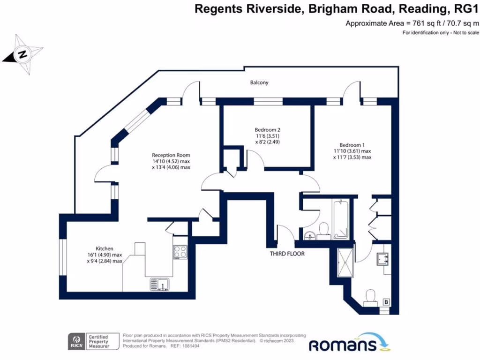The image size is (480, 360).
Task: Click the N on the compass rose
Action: [x=22, y=55]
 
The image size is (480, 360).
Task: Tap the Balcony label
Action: [x=259, y=82]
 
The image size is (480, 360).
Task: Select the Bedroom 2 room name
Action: [x=267, y=130]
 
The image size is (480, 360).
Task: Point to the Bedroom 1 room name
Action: [x=352, y=145]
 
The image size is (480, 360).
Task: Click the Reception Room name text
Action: [x=171, y=155]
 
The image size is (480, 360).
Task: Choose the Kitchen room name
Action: [x=105, y=248]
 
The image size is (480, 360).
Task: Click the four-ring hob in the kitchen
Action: [x=180, y=252]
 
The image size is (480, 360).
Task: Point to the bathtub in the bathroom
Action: [x=340, y=219]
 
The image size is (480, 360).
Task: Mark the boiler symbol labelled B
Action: [x=387, y=302]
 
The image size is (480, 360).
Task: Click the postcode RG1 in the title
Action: [x=467, y=9]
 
